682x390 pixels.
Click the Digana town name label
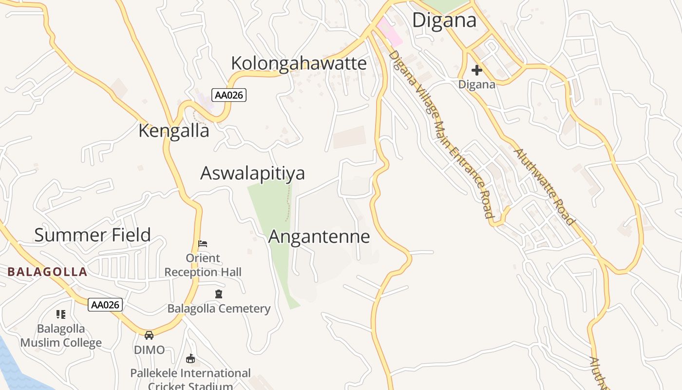[444, 20]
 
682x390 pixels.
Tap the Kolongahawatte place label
[299, 63]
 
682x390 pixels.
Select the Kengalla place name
[174, 131]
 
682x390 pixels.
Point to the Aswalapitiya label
[253, 174]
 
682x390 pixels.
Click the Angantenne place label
[319, 237]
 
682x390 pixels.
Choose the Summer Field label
[93, 235]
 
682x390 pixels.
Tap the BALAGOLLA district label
[47, 272]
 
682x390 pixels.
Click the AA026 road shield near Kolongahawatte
[228, 95]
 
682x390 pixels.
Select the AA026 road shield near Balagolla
[105, 305]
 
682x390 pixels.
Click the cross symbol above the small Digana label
[476, 70]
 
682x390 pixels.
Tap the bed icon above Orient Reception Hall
[203, 243]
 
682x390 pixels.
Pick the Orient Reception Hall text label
[203, 265]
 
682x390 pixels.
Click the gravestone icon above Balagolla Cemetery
[219, 294]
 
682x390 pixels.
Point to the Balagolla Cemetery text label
[219, 309]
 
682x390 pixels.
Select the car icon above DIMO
[149, 335]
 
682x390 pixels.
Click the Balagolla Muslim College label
[61, 335]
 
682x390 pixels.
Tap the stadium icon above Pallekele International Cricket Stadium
[190, 359]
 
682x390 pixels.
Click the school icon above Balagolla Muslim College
[61, 314]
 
